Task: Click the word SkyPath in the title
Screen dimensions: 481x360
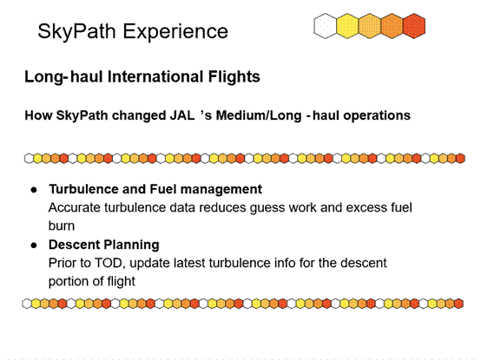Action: pyautogui.click(x=76, y=31)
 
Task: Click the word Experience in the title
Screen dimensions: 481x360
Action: pyautogui.click(x=175, y=31)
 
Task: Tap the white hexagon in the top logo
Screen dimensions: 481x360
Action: pyautogui.click(x=325, y=26)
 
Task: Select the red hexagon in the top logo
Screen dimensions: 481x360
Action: pyautogui.click(x=414, y=26)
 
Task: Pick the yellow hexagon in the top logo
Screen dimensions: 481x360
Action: pyautogui.click(x=347, y=26)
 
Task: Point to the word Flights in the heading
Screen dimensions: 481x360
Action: pyautogui.click(x=234, y=77)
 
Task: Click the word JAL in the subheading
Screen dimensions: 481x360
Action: pyautogui.click(x=182, y=115)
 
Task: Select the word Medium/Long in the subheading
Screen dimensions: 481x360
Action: pyautogui.click(x=259, y=116)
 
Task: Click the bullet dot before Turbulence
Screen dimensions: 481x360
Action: pyautogui.click(x=34, y=190)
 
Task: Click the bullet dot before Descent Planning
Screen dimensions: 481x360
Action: pyautogui.click(x=34, y=245)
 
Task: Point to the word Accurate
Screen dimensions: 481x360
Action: pyautogui.click(x=75, y=207)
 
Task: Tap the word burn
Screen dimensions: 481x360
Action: pyautogui.click(x=62, y=226)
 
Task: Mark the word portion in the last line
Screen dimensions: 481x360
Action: pyautogui.click(x=69, y=282)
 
